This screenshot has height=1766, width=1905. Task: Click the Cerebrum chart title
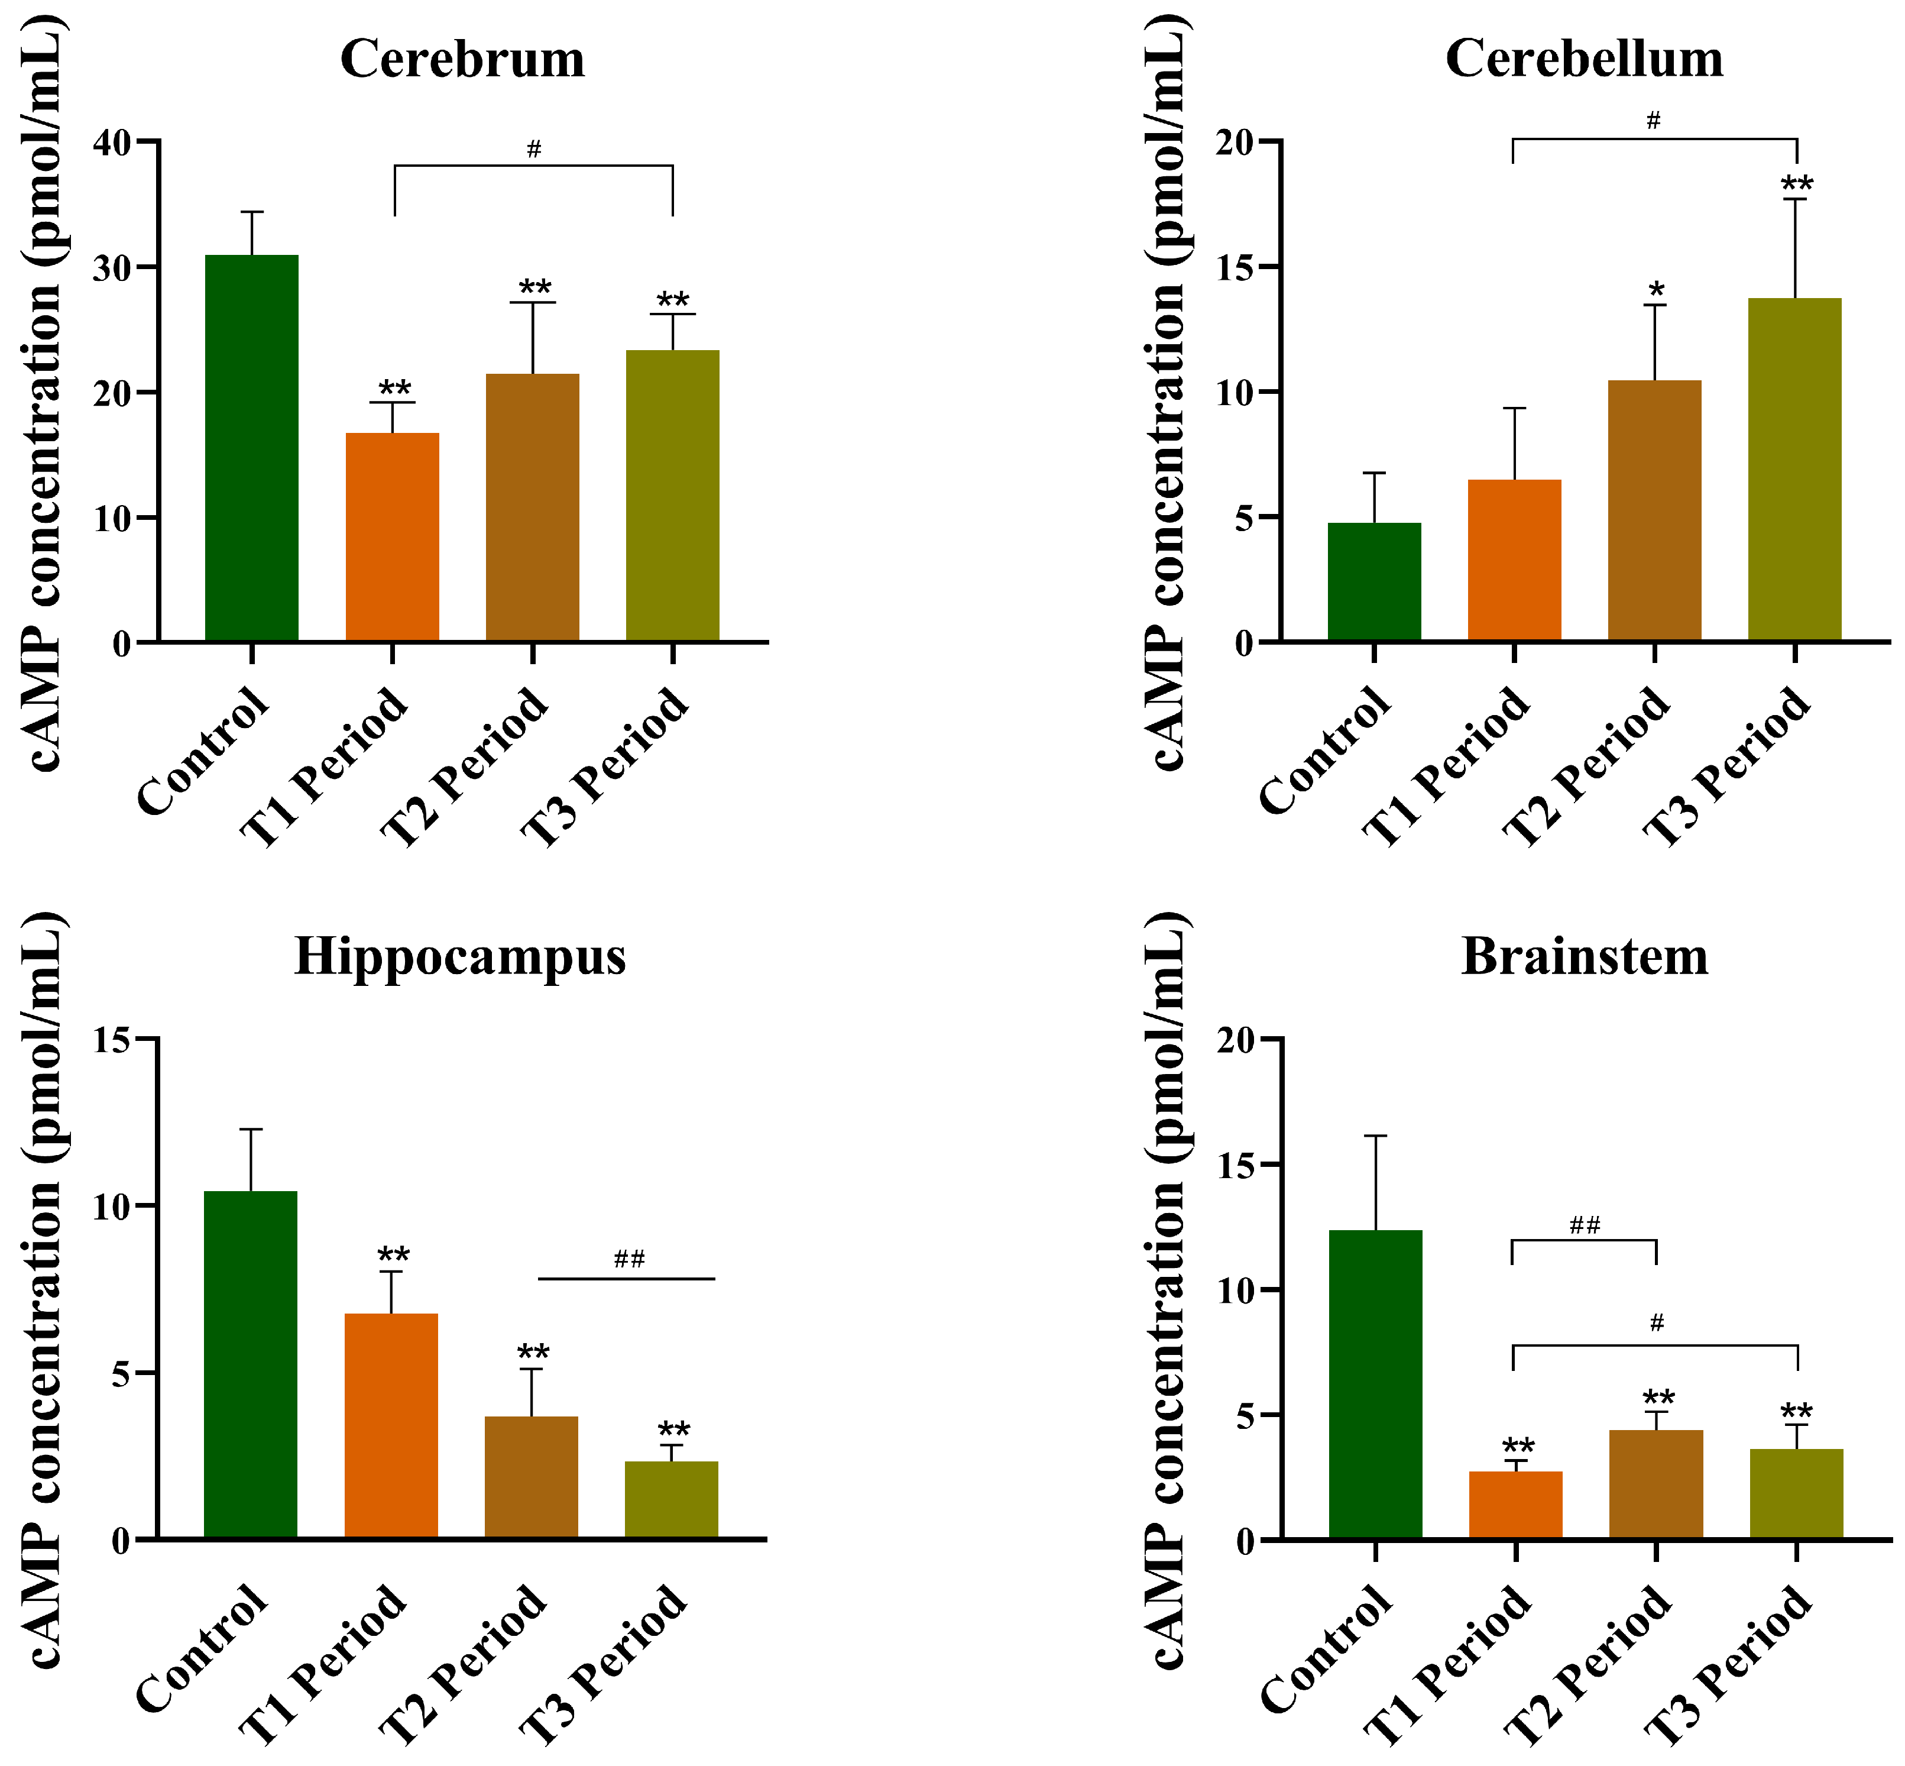click(x=462, y=59)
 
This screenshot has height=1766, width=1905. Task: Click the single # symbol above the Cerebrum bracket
click(x=534, y=149)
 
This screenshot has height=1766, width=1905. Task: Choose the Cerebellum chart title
click(x=1584, y=59)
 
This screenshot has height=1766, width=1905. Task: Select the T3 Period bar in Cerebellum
click(x=1794, y=469)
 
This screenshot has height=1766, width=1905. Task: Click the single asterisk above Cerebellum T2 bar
click(x=1655, y=290)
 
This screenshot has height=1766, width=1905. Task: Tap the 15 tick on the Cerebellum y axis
click(x=1235, y=267)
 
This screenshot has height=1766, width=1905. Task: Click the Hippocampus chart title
click(x=459, y=956)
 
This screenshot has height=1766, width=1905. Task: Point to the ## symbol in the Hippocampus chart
click(x=630, y=1259)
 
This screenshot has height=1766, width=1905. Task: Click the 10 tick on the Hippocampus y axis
click(x=113, y=1206)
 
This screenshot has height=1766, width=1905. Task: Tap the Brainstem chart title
click(x=1584, y=956)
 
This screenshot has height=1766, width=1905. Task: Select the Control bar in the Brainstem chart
click(x=1376, y=1384)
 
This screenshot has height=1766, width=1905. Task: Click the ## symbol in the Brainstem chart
click(x=1585, y=1225)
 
